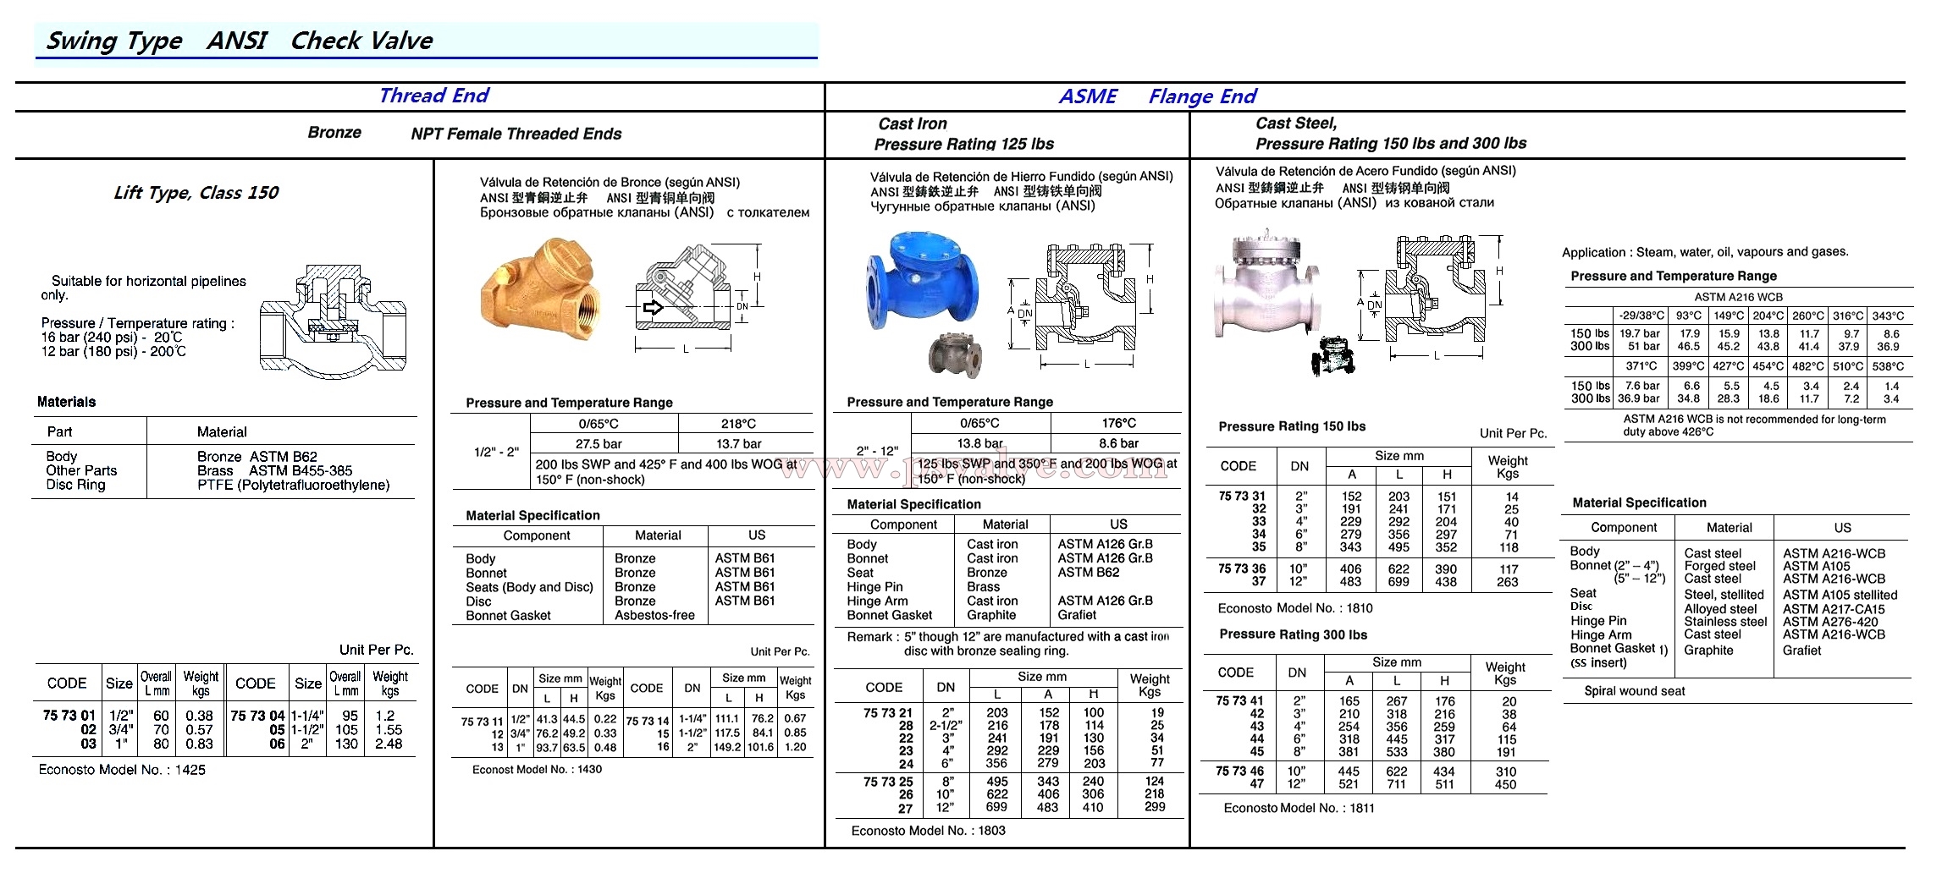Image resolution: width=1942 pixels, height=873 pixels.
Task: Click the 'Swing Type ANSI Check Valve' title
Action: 239,41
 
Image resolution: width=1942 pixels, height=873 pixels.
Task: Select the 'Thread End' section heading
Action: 433,96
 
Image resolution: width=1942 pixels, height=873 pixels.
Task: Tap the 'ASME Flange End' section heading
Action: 1156,96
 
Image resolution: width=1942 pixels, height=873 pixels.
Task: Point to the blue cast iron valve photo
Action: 920,283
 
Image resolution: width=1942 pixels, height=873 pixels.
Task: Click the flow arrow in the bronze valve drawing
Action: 653,307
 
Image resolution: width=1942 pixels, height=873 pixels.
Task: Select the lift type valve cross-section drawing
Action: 333,320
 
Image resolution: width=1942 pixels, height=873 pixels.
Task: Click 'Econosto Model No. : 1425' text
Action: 122,770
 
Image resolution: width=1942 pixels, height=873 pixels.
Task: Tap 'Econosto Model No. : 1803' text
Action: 928,831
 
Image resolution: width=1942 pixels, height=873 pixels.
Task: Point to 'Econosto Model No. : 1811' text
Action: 1299,808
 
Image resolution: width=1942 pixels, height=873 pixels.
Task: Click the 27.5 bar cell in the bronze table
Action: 599,444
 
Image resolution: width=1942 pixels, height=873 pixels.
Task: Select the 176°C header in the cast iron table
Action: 1118,423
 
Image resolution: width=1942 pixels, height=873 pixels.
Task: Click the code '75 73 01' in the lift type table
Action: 69,716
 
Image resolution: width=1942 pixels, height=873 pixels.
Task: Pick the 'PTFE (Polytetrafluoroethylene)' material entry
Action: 293,486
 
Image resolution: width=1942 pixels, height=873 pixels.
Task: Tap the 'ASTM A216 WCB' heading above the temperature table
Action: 1738,297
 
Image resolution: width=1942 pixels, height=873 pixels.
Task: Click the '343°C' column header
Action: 1888,316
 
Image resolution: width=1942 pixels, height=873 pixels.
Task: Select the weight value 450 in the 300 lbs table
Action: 1505,785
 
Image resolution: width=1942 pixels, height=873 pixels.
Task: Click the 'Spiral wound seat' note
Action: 1634,691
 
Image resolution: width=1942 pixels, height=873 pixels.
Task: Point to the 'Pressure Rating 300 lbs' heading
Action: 1293,634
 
